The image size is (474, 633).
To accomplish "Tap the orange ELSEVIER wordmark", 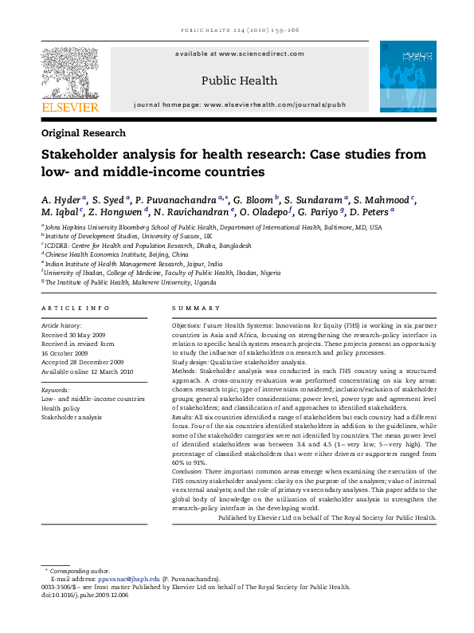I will (70, 107).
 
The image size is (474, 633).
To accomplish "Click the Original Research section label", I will (83, 133).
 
